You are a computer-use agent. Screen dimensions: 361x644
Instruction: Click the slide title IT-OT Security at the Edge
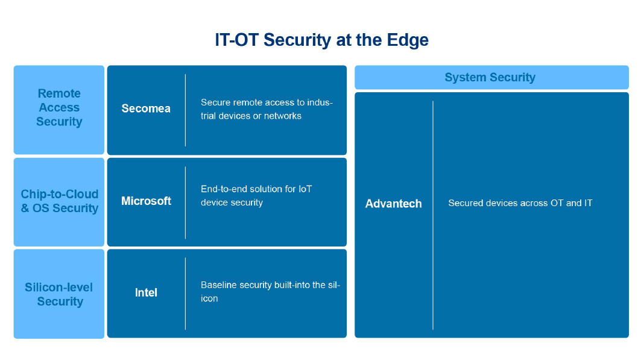321,40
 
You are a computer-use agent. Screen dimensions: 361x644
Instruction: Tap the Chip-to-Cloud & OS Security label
59,201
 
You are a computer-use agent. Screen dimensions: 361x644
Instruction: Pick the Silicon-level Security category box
59,294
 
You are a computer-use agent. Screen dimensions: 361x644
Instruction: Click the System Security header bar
491,77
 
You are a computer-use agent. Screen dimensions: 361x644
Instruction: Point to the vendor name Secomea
146,108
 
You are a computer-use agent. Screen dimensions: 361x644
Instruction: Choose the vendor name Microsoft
146,201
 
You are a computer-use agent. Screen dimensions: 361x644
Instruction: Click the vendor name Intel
146,293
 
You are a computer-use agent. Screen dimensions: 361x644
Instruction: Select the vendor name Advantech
393,204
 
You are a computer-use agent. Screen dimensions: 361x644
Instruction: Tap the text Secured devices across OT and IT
520,203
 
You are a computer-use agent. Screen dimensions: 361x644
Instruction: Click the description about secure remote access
266,109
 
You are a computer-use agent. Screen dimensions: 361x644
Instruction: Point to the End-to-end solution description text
256,195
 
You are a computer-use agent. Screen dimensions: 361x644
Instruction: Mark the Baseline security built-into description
270,291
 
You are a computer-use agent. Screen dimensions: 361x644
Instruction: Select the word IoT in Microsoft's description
305,189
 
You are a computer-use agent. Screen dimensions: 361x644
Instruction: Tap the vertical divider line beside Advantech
433,215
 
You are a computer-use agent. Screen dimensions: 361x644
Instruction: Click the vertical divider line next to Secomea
185,110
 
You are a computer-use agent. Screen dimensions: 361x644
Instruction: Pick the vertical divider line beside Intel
185,294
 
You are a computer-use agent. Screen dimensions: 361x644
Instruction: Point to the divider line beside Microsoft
185,202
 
